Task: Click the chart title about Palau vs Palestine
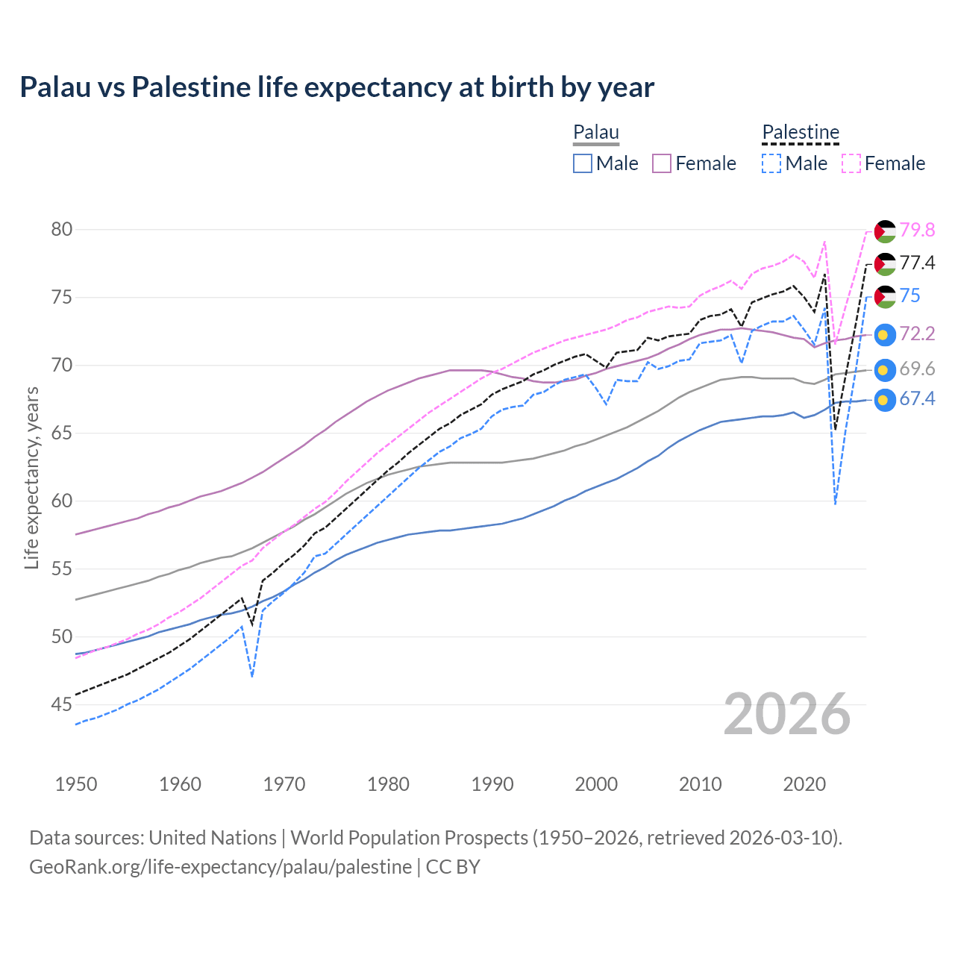[x=336, y=87]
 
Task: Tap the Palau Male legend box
[x=583, y=163]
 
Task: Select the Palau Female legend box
[x=663, y=163]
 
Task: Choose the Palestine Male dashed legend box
[x=771, y=163]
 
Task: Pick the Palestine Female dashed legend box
[x=851, y=163]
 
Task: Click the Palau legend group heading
[x=596, y=133]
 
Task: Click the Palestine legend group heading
[x=801, y=133]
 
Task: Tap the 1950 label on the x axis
[x=76, y=784]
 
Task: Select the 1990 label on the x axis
[x=492, y=784]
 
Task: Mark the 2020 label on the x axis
[x=804, y=784]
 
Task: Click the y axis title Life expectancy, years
[x=31, y=477]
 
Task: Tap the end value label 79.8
[x=917, y=231]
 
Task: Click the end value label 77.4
[x=917, y=263]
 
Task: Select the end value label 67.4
[x=917, y=399]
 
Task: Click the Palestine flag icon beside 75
[x=885, y=296]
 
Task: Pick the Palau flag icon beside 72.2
[x=885, y=335]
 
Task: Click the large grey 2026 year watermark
[x=787, y=714]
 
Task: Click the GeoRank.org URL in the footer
[x=220, y=867]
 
